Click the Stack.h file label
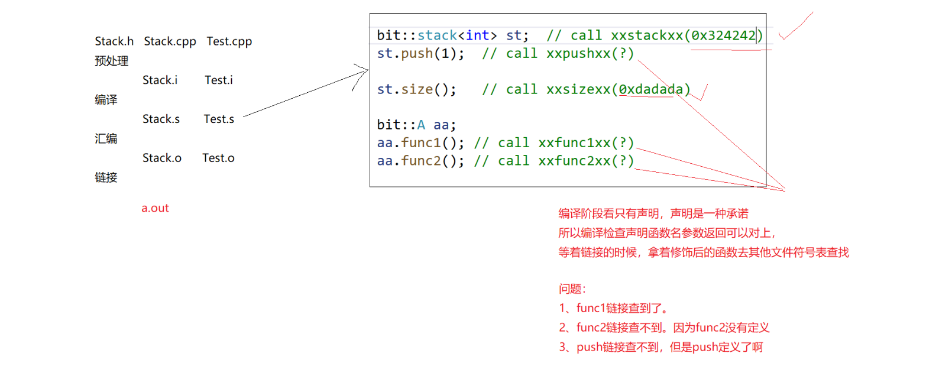point(114,41)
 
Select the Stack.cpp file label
point(170,41)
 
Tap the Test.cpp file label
point(229,41)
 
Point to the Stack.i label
point(160,80)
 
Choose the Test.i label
point(219,80)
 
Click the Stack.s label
point(161,119)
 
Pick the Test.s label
point(219,119)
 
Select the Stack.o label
point(161,158)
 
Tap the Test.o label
point(218,158)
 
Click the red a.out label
point(155,208)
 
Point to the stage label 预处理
point(111,61)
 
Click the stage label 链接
point(106,177)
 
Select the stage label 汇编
point(106,139)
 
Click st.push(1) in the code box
point(420,54)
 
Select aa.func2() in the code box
point(420,161)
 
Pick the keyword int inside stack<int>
point(477,35)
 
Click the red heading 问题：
point(572,289)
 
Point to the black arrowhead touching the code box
point(364,72)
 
